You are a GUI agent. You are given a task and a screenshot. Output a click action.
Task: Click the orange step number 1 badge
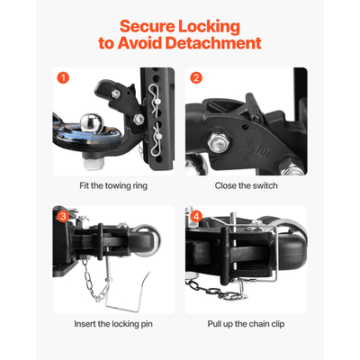62,77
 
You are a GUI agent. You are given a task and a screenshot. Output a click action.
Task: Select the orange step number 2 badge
196,77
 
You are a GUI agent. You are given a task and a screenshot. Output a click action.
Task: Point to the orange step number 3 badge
62,216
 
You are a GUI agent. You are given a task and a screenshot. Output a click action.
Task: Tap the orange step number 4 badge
196,216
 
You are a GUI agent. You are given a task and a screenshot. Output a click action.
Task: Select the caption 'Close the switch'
245,185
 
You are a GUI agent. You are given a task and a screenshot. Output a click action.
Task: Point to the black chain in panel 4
225,290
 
